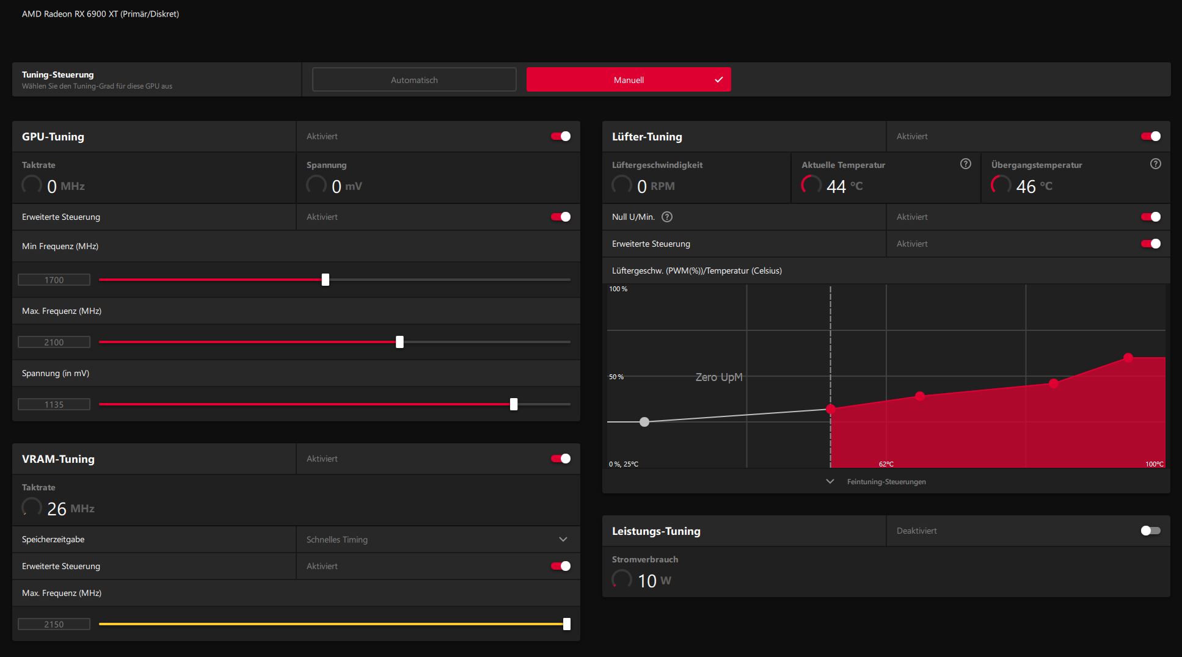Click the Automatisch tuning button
[414, 80]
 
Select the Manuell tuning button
[629, 80]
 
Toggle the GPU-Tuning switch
[561, 136]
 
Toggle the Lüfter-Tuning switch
[1151, 136]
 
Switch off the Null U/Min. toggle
[1151, 217]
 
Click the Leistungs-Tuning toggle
[1151, 531]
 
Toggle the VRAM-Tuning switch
[561, 459]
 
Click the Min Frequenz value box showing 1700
[54, 280]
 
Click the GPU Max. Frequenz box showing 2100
[54, 342]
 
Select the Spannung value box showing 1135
[54, 404]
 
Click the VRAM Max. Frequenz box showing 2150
[54, 624]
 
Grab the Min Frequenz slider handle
[326, 280]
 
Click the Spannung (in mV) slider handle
[514, 404]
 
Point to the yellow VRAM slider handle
[567, 624]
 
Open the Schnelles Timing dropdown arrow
[563, 539]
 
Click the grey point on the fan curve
[644, 422]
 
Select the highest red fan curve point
[1128, 358]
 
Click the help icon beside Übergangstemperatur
[1156, 164]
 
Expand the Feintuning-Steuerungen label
[886, 482]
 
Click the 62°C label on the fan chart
[886, 464]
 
